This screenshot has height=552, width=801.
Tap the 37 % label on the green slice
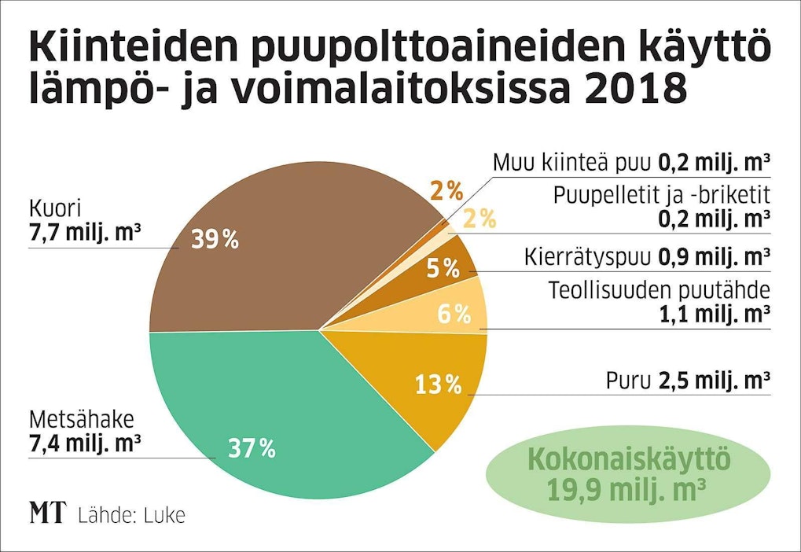[x=252, y=448]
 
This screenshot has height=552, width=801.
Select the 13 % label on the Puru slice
[x=437, y=385]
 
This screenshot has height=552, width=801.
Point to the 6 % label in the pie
[x=454, y=315]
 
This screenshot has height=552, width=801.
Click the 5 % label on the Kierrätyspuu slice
[x=443, y=269]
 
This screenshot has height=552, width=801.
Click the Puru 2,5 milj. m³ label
[x=687, y=381]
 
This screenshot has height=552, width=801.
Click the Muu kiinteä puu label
[x=572, y=163]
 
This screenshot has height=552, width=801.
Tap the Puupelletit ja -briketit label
[x=660, y=195]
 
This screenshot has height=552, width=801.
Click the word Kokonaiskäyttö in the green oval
[x=628, y=459]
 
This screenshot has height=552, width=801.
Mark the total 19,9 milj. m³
[x=628, y=491]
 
